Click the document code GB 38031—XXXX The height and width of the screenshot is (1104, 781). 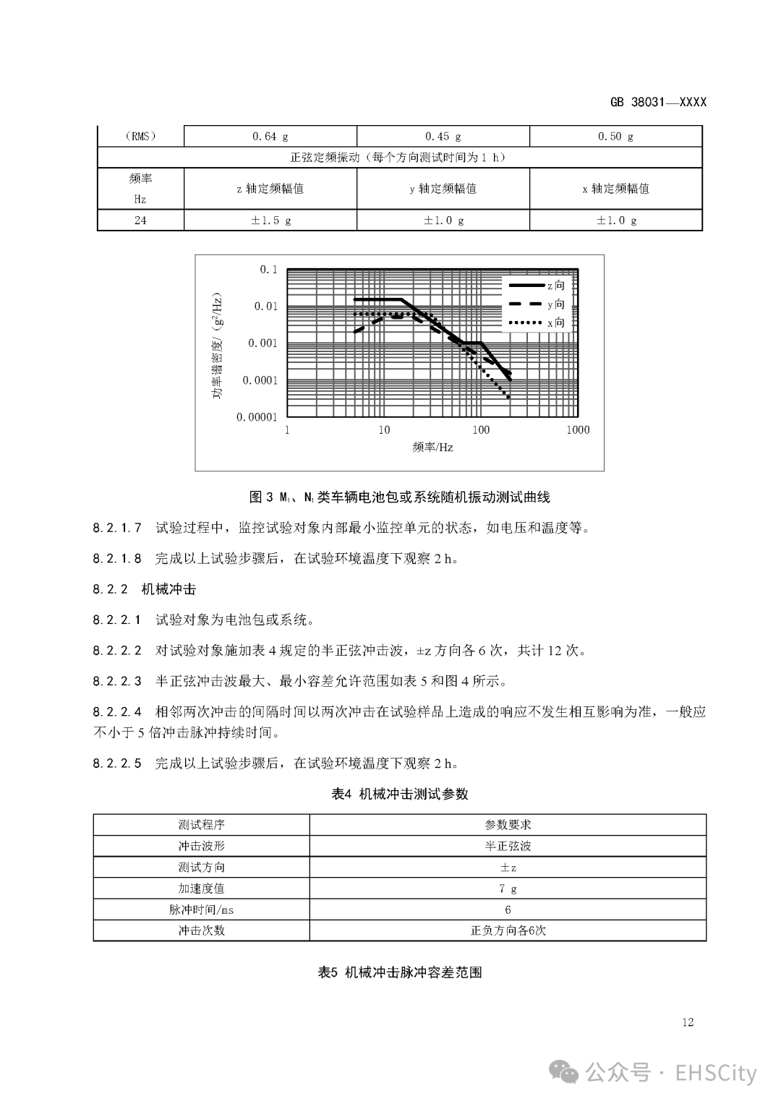tap(657, 102)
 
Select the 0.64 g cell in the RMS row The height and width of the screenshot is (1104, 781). tap(270, 136)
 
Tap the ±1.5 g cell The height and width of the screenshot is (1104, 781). tap(270, 220)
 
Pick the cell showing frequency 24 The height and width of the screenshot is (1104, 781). tap(140, 220)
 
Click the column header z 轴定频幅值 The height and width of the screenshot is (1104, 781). tap(270, 189)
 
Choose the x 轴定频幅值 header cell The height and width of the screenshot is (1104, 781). tap(616, 189)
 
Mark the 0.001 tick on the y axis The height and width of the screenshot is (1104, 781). tap(263, 343)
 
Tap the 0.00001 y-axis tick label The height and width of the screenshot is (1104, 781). tap(257, 417)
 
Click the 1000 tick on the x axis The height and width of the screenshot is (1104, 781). tap(578, 430)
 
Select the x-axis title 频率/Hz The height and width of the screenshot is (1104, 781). tap(432, 448)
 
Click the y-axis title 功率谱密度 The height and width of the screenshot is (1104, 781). tap(218, 346)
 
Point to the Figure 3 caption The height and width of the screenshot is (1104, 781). tap(399, 497)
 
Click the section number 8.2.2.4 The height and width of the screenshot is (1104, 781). tap(117, 711)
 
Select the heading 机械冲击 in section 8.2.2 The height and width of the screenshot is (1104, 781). tap(168, 589)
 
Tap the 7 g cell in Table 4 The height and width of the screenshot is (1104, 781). tap(508, 889)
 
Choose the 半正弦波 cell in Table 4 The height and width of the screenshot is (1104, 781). tap(508, 846)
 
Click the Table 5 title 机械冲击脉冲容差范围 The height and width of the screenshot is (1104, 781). tap(399, 972)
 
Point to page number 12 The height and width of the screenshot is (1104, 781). tap(687, 1022)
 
